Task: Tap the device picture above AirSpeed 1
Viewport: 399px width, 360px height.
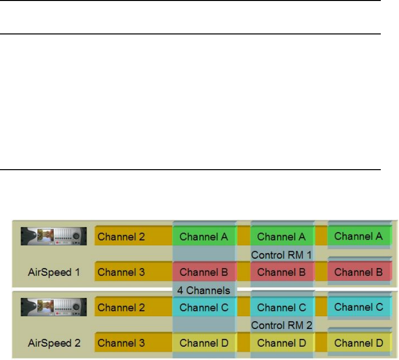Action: (54, 237)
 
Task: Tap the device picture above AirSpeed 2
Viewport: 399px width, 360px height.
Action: (54, 307)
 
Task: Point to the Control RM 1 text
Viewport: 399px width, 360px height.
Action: (282, 255)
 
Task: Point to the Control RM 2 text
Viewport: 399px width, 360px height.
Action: (282, 325)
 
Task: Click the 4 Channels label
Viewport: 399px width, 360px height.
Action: (204, 290)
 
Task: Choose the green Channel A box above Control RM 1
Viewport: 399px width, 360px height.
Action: (282, 237)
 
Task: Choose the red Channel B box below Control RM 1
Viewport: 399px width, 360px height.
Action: (282, 271)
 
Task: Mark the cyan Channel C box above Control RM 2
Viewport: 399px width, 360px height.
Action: (282, 308)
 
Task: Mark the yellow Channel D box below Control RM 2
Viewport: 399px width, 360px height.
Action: (282, 343)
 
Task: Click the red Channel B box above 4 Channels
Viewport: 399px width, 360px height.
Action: (204, 271)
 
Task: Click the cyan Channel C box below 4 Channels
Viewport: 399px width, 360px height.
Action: (204, 308)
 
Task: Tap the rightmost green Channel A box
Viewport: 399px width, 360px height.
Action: (359, 236)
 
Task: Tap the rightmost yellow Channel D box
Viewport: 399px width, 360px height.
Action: (359, 343)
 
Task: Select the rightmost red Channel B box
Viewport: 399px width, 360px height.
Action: (359, 271)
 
